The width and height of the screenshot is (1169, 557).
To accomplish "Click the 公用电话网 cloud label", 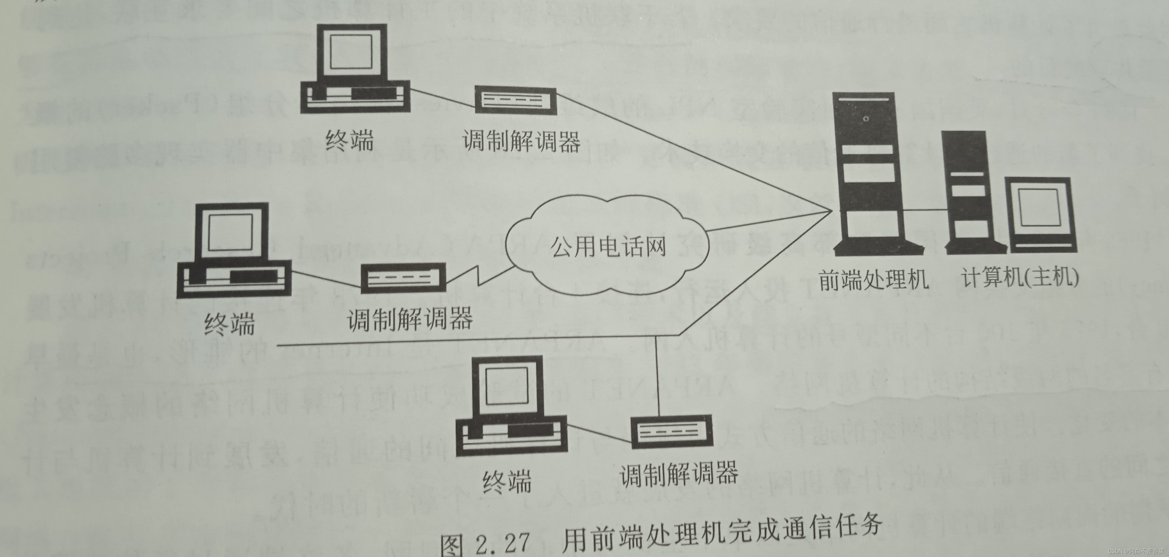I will pos(608,248).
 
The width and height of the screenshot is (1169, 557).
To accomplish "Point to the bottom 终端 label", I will pos(506,482).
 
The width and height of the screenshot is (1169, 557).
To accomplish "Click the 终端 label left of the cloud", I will pos(229,324).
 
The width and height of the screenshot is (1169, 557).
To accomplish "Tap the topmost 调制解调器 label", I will pos(521,141).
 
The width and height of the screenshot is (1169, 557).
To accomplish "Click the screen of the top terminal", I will pos(351,51).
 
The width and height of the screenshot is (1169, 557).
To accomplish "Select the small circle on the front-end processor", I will pos(866,119).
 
